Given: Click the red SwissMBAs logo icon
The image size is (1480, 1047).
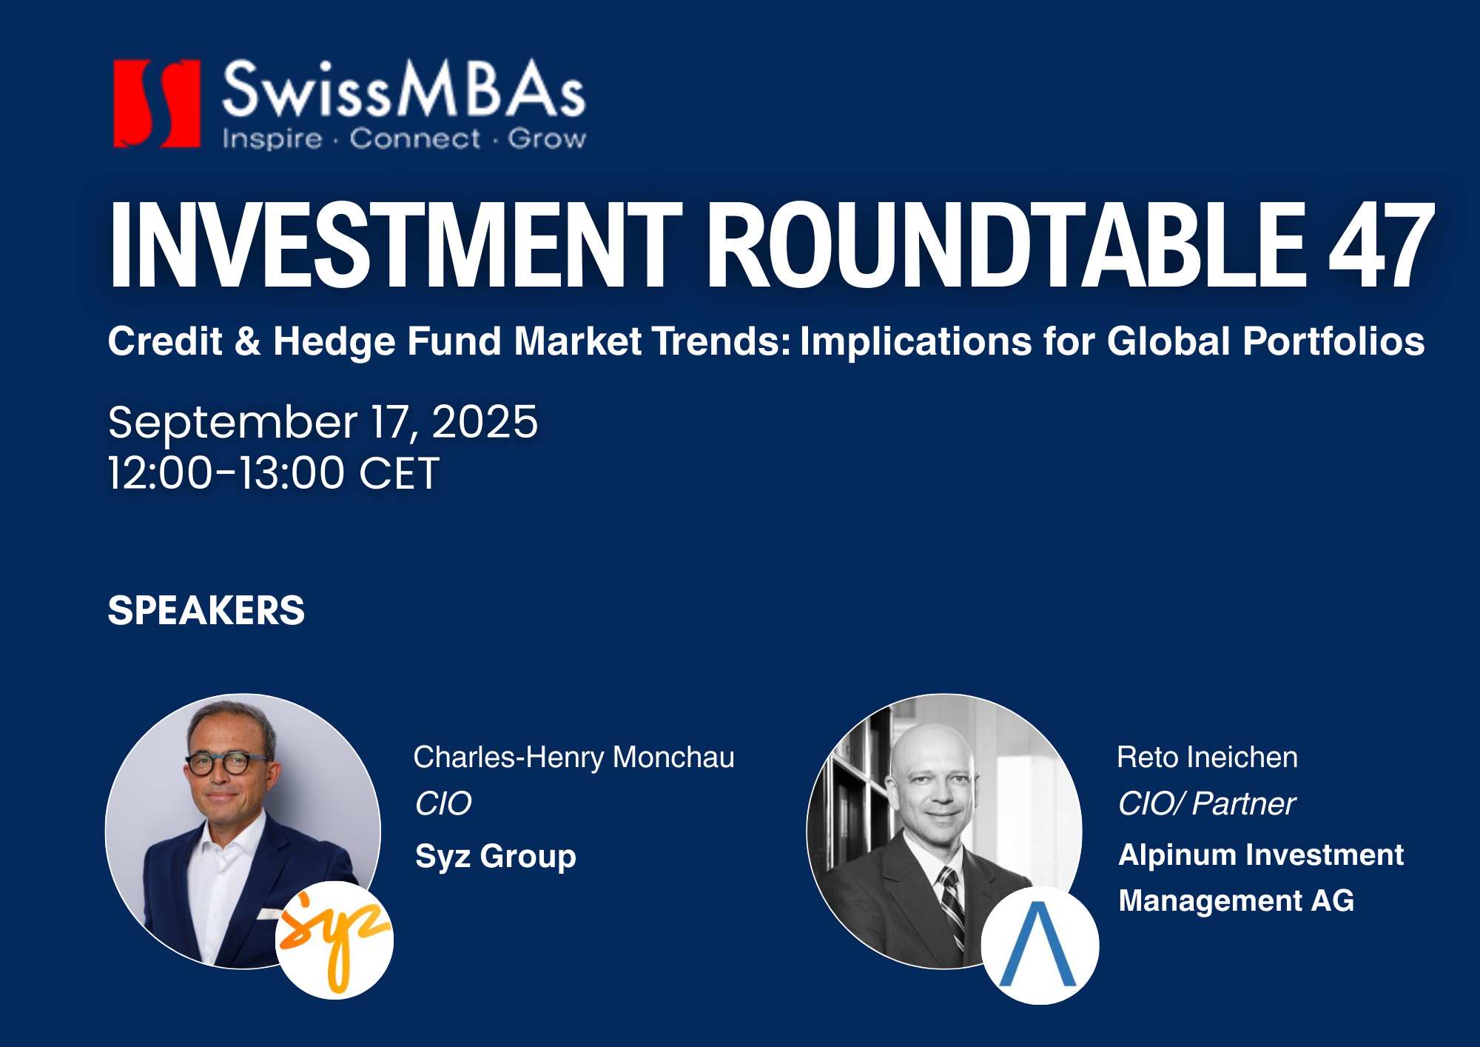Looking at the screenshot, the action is (157, 103).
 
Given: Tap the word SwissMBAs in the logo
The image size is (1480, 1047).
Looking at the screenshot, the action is (404, 89).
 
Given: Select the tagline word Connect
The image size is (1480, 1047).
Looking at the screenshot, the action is (414, 138).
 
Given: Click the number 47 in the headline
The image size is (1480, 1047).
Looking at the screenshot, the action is (1382, 245).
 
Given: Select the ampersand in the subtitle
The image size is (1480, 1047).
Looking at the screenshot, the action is (247, 341).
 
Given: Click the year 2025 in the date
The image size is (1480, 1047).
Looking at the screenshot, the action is (485, 422).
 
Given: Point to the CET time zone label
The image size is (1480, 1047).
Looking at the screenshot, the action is (400, 473).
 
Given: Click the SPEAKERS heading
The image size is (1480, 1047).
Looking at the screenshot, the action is (206, 611).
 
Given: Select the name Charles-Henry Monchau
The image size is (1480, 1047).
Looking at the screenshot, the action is (574, 757).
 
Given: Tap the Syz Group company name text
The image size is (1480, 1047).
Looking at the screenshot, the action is (496, 857).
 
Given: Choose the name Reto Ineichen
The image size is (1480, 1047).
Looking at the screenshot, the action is (1207, 757).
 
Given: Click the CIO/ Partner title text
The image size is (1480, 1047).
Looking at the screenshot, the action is (1207, 804).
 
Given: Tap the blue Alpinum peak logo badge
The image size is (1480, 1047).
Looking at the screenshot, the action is (1040, 946).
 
